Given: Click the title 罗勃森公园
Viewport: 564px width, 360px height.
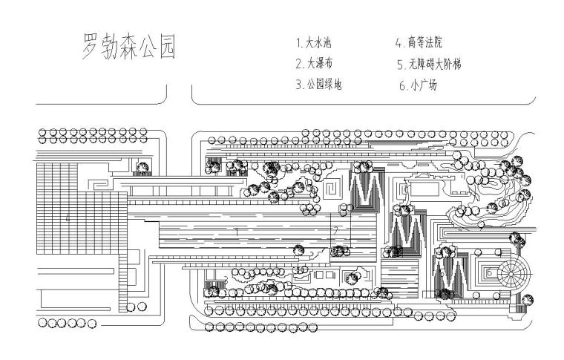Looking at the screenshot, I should click(128, 46).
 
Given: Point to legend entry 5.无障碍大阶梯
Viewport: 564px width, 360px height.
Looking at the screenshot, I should click(429, 64).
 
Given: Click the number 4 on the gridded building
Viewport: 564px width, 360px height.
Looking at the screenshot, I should click(68, 217).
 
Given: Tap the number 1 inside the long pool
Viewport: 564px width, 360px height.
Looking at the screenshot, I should click(236, 232).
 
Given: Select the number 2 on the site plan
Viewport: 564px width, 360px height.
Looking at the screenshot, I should click(335, 230).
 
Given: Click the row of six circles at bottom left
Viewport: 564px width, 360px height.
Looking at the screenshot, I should click(62, 323).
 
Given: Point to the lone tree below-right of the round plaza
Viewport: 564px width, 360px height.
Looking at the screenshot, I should click(528, 300).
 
